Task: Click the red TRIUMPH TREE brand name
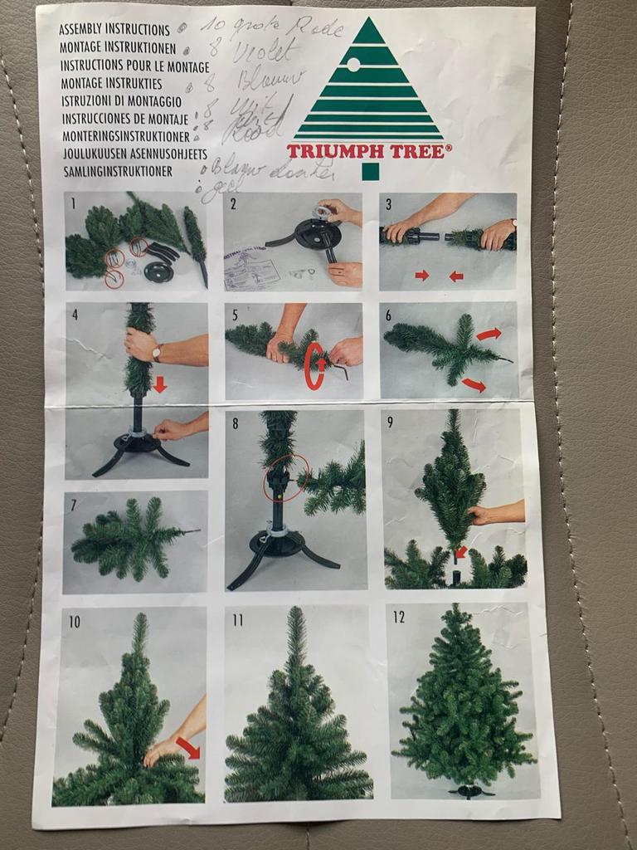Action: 369,151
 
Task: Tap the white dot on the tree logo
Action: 353,64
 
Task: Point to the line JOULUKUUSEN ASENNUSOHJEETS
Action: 129,154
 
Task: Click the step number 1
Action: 74,203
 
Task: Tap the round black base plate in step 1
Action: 158,271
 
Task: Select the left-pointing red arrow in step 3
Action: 455,276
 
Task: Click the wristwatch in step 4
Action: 156,353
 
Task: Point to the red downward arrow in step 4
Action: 159,384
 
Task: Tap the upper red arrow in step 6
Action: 489,334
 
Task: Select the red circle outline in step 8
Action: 286,478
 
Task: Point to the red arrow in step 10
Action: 187,748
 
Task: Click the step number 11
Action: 238,619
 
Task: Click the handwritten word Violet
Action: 265,54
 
